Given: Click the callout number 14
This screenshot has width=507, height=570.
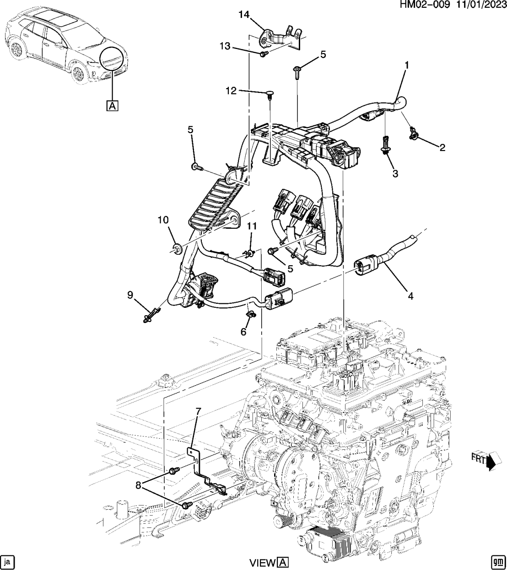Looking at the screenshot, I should (x=243, y=15).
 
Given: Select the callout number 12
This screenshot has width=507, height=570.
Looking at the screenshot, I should (x=231, y=91).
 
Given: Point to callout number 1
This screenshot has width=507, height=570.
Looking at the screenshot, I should (x=406, y=65).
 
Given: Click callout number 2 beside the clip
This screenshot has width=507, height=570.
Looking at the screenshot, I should (x=442, y=147).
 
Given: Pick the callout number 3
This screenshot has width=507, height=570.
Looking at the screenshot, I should (x=394, y=173).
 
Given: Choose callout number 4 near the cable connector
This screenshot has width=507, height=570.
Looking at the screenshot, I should (x=410, y=296).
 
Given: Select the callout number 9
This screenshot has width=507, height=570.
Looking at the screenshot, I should (x=130, y=296).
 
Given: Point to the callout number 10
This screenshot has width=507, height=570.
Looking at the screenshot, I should (x=163, y=220).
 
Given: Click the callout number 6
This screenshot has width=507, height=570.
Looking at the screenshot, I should (x=243, y=332).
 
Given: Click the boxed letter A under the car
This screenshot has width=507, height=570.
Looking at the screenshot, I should (x=113, y=106).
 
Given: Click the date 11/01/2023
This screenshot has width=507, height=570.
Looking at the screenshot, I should (x=480, y=5).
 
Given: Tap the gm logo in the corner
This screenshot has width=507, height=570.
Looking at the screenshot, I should (x=497, y=561).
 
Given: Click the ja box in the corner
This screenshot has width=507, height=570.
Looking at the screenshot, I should (x=7, y=561).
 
